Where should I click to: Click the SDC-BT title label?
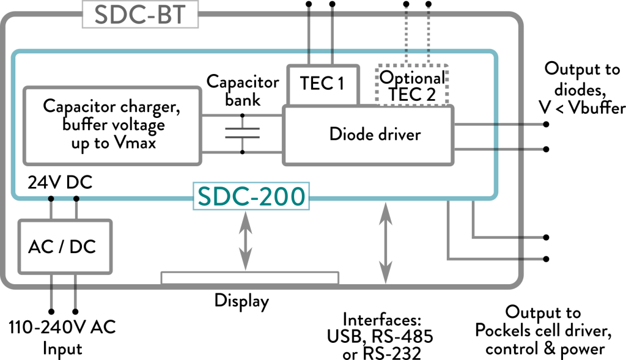click(x=141, y=15)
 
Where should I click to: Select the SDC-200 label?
click(x=251, y=196)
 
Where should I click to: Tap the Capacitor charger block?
click(x=112, y=125)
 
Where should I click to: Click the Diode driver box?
click(x=367, y=134)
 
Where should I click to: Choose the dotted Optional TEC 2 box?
click(x=412, y=85)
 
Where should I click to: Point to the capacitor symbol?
click(x=243, y=134)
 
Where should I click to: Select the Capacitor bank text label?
click(x=243, y=90)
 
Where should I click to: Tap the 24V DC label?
click(x=60, y=183)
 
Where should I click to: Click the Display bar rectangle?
click(x=249, y=278)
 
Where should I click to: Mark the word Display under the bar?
click(x=241, y=301)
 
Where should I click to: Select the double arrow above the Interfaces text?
click(x=385, y=243)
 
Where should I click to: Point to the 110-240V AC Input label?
click(x=62, y=338)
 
